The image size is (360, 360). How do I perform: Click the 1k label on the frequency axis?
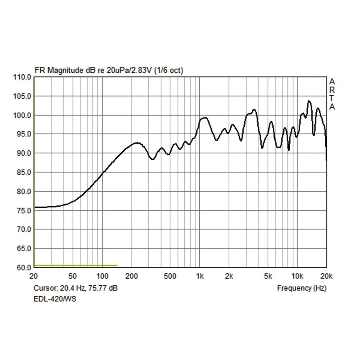pyautogui.click(x=200, y=276)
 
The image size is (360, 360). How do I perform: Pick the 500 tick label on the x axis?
pyautogui.click(x=170, y=276)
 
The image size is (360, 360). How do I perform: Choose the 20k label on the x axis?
pyautogui.click(x=326, y=276)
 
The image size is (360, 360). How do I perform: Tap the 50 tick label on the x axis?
pyautogui.click(x=73, y=276)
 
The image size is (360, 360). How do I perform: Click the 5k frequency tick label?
pyautogui.click(x=267, y=276)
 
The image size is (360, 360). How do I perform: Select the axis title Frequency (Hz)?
pyautogui.click(x=302, y=288)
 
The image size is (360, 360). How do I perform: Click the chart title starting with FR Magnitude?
pyautogui.click(x=108, y=71)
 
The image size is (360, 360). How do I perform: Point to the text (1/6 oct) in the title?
pyautogui.click(x=168, y=71)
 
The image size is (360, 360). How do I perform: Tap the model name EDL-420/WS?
pyautogui.click(x=55, y=299)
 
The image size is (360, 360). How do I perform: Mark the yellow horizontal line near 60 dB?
pyautogui.click(x=76, y=265)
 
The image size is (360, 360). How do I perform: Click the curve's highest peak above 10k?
pyautogui.click(x=309, y=101)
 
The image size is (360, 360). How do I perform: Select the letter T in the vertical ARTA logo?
pyautogui.click(x=332, y=99)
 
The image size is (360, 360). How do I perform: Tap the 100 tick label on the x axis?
pyautogui.click(x=102, y=276)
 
